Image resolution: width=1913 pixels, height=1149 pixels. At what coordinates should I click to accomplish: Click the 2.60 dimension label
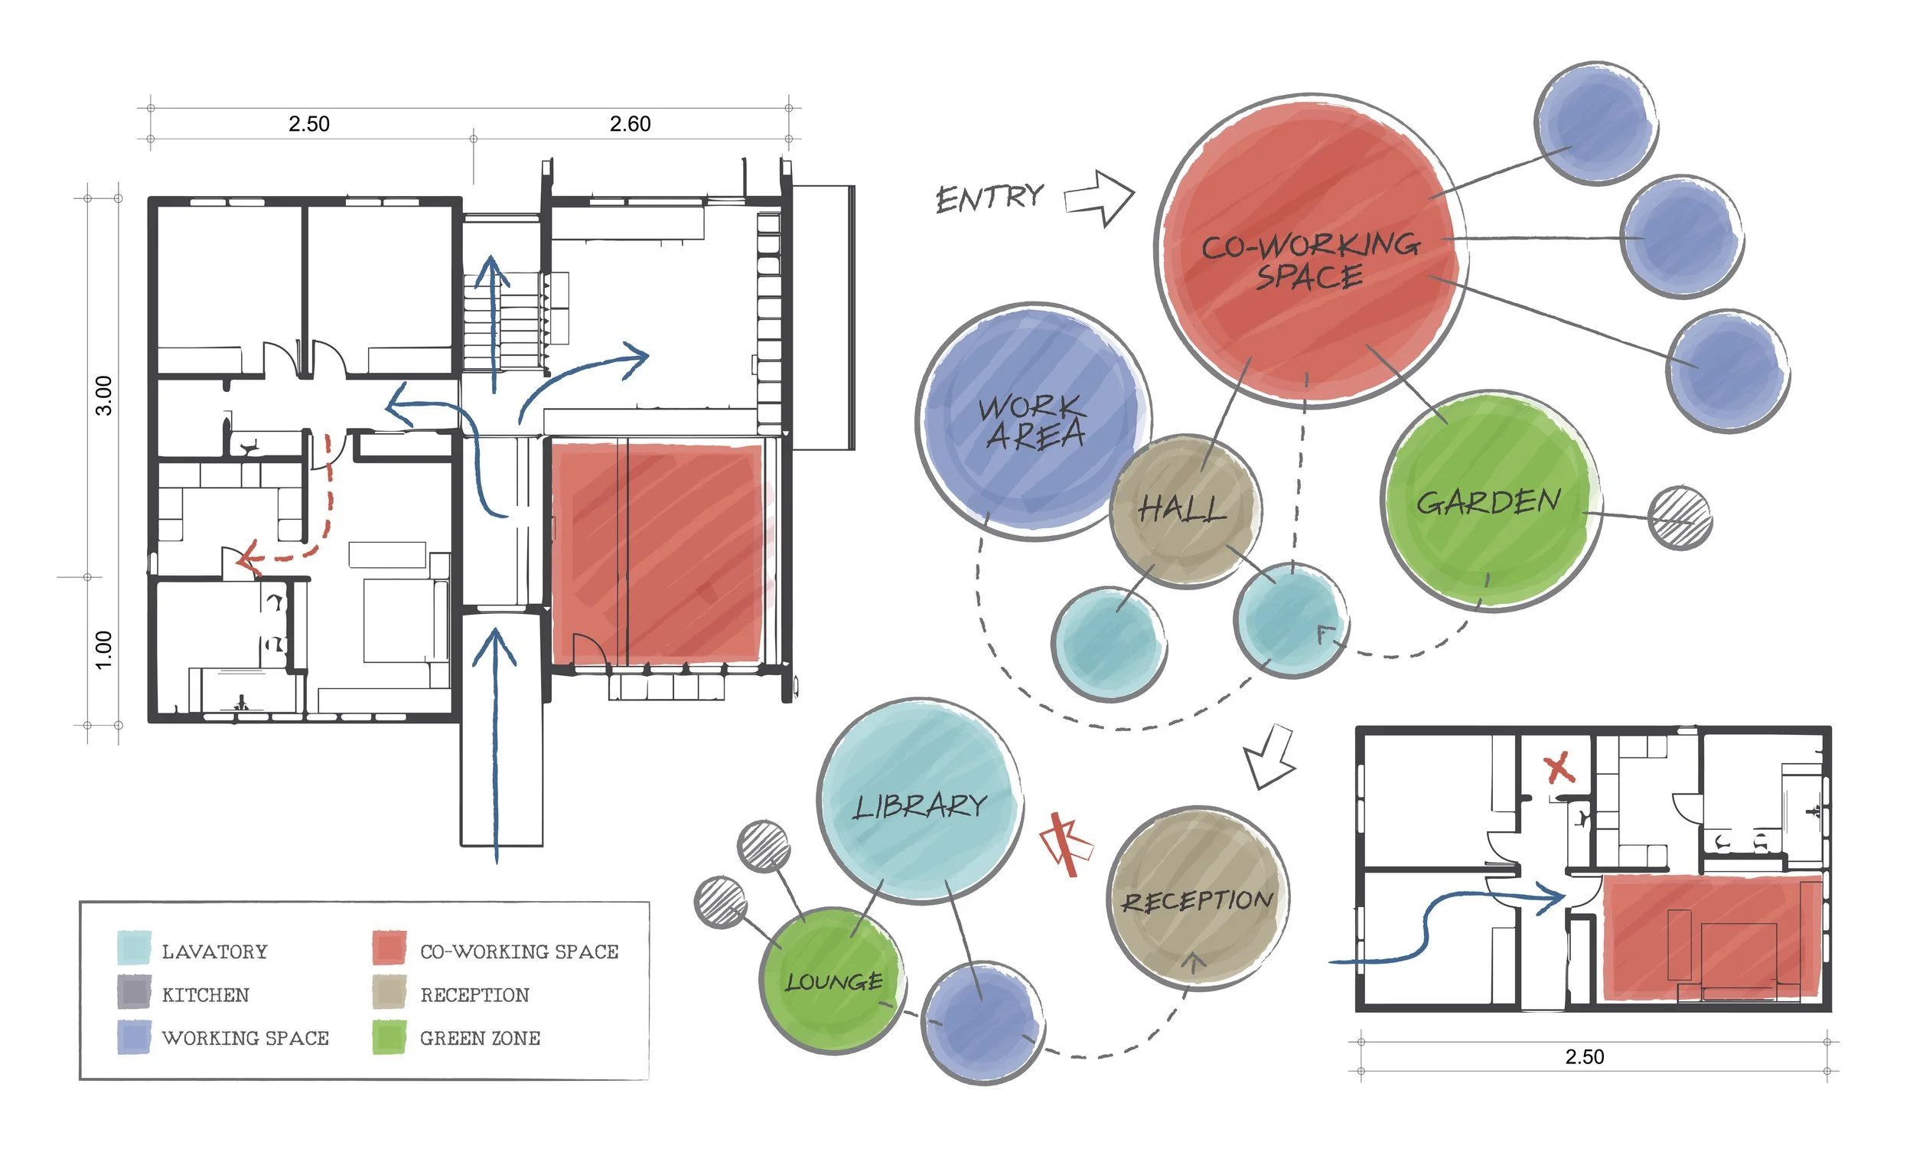(x=630, y=124)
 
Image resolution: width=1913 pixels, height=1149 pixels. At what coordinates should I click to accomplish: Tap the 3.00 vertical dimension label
(x=104, y=396)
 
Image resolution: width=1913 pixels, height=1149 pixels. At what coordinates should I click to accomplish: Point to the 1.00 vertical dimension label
(x=104, y=650)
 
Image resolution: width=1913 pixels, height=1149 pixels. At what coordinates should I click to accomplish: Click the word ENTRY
(x=989, y=198)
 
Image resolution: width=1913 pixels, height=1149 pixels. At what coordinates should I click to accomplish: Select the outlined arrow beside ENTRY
(x=1099, y=198)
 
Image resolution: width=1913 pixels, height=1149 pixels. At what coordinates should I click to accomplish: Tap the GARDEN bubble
(x=1489, y=501)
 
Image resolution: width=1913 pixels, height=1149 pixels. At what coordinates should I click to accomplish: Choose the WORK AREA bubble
(x=1032, y=422)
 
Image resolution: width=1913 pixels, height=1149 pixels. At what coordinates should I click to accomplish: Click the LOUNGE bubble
(x=833, y=982)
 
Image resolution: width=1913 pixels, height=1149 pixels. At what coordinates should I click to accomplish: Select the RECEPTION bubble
(x=1198, y=900)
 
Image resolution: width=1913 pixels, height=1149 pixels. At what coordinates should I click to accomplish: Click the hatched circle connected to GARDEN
(x=1680, y=518)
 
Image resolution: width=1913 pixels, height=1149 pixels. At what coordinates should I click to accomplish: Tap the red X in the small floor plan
(x=1559, y=769)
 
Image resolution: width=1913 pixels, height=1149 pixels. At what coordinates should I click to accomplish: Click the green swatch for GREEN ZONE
(x=389, y=1037)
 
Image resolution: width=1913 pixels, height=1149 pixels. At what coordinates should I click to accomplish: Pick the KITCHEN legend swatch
(x=134, y=994)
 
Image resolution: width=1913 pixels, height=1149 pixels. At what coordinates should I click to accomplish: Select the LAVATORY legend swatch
(x=134, y=949)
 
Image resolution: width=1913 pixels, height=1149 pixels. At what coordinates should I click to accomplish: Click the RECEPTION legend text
(x=474, y=995)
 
